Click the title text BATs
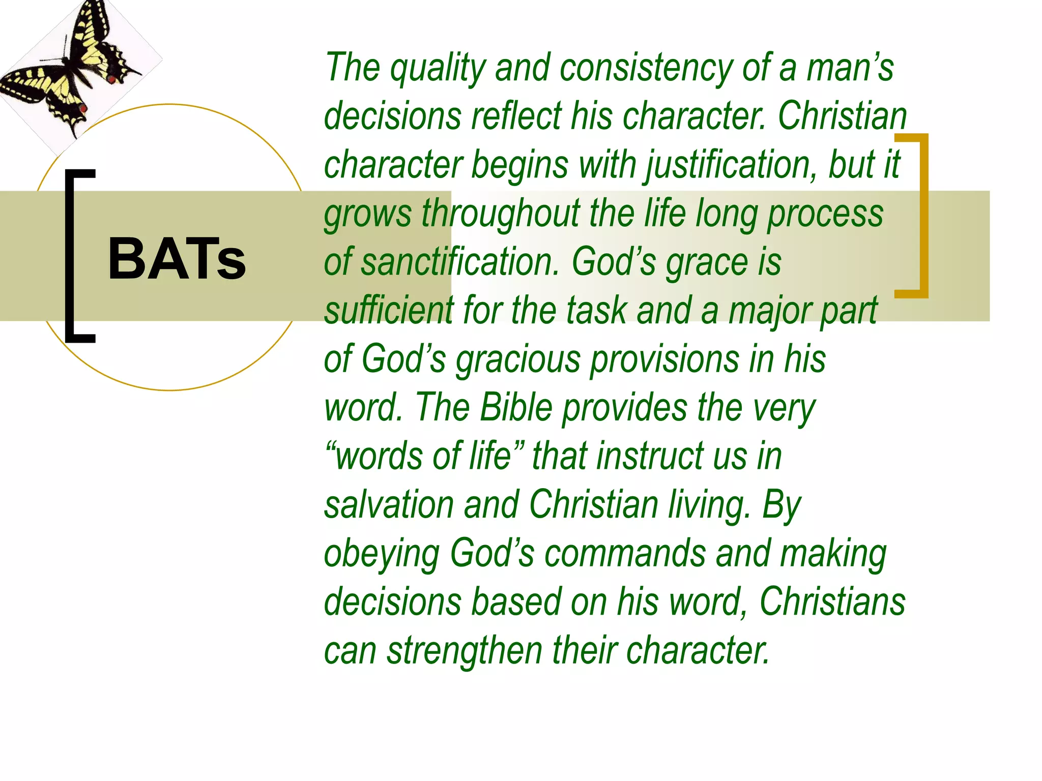tap(177, 259)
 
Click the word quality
tap(438, 69)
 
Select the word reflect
tap(516, 116)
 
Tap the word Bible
tap(516, 408)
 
